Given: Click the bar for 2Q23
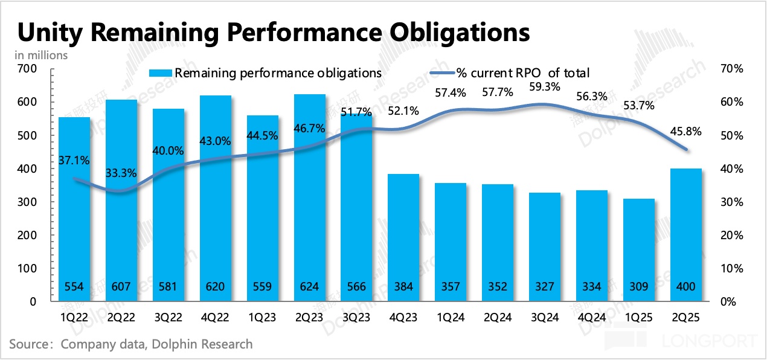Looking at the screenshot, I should point(310,199).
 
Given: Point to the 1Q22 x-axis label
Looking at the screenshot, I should point(74,317).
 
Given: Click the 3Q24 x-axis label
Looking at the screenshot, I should point(545,317).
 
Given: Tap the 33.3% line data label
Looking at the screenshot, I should point(121,173).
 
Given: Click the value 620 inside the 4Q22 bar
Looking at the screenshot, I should point(216,286).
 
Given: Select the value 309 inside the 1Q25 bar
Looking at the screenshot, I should point(640,286).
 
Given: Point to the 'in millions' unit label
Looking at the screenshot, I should point(41,54).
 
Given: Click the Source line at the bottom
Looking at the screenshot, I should point(130,344).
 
